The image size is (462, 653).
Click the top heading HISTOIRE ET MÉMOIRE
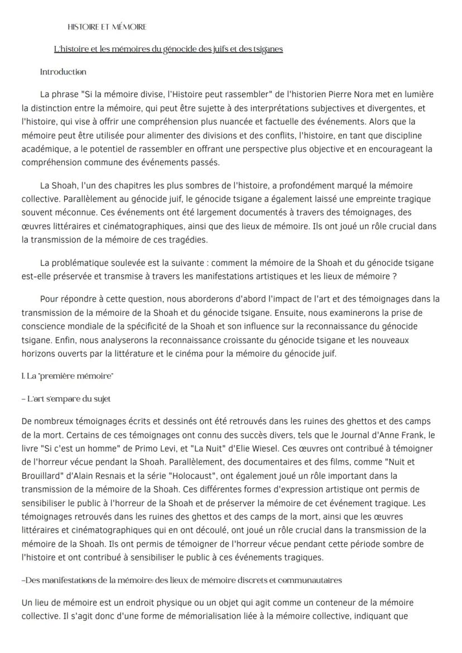tap(107, 27)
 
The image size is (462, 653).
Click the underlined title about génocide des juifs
tap(168, 49)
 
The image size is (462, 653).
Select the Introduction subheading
tap(63, 72)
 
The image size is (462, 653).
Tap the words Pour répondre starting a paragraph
tap(68, 299)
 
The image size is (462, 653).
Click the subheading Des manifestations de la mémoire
tap(181, 580)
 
